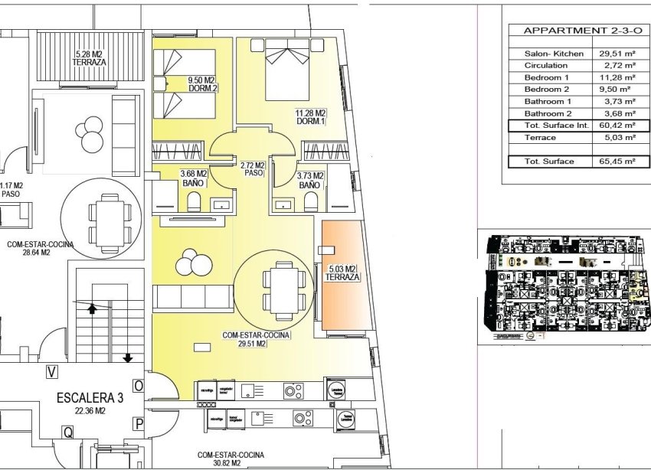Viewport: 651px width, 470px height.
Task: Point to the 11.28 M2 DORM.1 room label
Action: (x=311, y=116)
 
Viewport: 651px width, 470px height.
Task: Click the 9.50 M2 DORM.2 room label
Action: (x=203, y=83)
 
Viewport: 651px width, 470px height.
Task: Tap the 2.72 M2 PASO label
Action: (x=252, y=169)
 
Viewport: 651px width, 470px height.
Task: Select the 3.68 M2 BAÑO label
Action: (x=195, y=179)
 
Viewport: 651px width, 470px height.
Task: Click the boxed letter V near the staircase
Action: (x=52, y=373)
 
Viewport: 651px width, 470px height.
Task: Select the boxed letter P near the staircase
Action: (x=139, y=423)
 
